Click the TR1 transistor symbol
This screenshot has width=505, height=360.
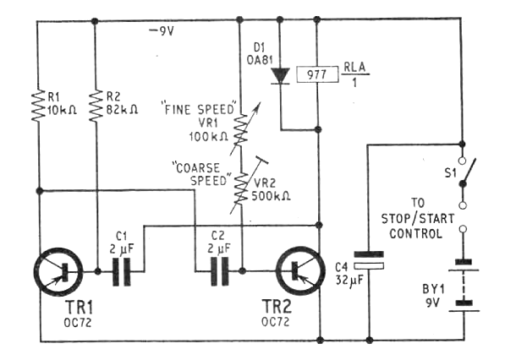coord(58,272)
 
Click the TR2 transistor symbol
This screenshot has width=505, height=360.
coord(301,271)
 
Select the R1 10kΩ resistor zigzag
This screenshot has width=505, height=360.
coord(38,106)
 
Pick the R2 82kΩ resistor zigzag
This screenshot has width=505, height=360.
coord(96,106)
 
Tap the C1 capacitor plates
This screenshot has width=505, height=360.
coord(122,272)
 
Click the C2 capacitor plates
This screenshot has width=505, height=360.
coord(220,271)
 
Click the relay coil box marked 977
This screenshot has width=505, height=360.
coord(317,74)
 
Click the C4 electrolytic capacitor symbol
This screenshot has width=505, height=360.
coord(369,260)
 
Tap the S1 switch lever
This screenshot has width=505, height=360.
coord(469,172)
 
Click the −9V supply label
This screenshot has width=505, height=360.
coord(162,31)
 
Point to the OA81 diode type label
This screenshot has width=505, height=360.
coord(260,60)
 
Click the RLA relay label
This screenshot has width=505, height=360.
coord(355,67)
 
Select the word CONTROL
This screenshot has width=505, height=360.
coord(416,233)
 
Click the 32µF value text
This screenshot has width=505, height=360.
coord(349,281)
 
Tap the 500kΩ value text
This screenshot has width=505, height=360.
coord(271,196)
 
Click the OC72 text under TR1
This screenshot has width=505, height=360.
coord(78,322)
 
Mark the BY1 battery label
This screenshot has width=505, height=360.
coord(433,289)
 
